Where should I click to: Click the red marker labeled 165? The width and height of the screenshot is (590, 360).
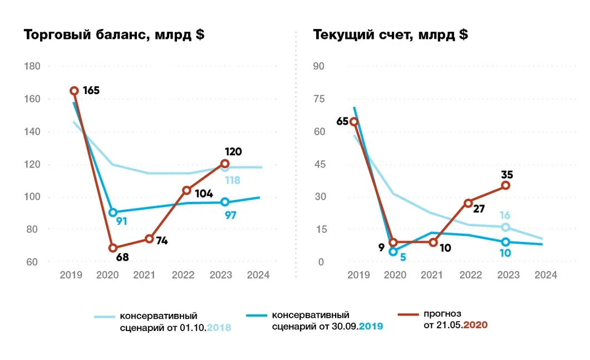[74, 91]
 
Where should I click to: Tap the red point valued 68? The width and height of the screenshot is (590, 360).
[113, 248]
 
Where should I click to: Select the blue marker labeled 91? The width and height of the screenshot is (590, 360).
[113, 213]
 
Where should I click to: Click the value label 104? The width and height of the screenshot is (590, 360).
[205, 194]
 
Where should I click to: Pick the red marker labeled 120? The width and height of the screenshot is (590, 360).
[225, 164]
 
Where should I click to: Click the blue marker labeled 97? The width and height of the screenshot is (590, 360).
[225, 202]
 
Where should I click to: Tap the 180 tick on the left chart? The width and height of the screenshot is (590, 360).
[33, 66]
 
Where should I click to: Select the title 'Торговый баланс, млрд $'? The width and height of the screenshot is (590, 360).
[114, 34]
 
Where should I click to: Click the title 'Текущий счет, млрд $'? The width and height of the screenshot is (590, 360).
[390, 34]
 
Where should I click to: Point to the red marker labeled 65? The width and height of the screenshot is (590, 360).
[354, 122]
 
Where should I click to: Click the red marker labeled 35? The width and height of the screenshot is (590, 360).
[505, 185]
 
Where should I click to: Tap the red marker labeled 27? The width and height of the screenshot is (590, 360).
[469, 203]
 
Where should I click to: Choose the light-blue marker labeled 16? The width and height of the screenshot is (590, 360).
[505, 227]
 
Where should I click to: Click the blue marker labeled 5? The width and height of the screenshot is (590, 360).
[393, 251]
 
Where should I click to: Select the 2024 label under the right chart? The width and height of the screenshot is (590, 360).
[545, 274]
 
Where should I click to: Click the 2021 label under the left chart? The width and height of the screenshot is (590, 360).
[145, 274]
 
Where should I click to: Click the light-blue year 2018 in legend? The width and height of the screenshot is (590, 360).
[219, 327]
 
